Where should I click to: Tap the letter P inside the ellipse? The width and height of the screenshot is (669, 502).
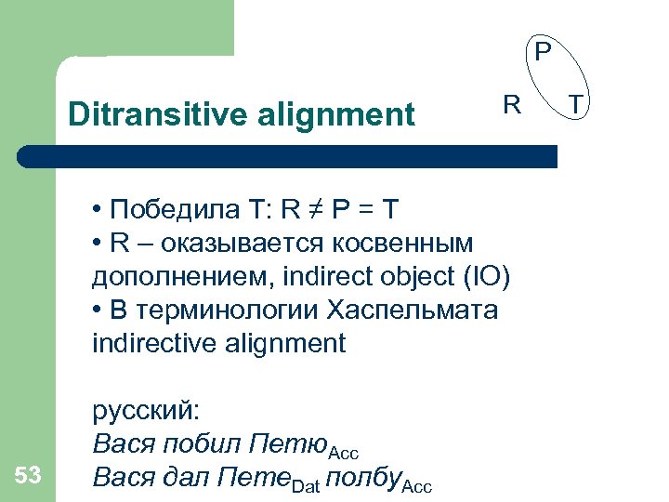click(x=543, y=47)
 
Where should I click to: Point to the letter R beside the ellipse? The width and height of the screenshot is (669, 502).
click(x=512, y=104)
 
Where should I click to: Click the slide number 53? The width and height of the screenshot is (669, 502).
click(x=29, y=476)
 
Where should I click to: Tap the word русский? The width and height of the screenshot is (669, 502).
click(x=151, y=410)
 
